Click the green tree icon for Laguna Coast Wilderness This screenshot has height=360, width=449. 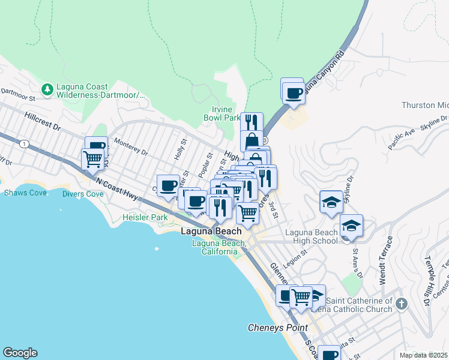pos(47,89)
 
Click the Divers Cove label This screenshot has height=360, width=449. pos(83,194)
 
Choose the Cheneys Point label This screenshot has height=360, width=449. pos(278,328)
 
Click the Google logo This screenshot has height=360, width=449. pos(20,353)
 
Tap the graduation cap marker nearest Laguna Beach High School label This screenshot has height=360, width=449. pos(352,226)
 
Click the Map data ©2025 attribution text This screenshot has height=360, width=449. pos(423,355)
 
